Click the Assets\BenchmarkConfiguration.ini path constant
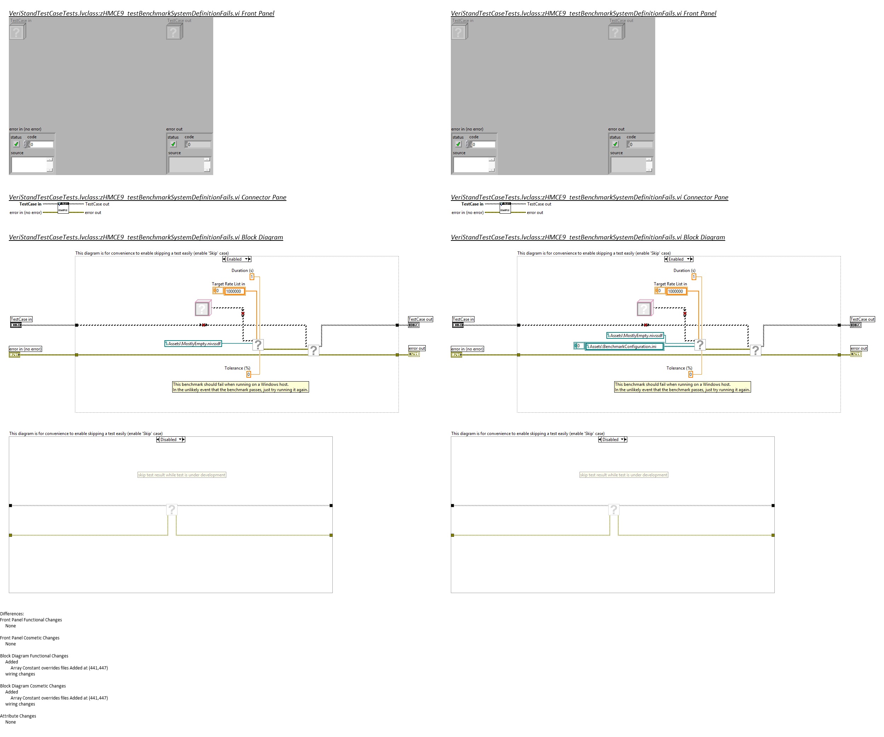624,347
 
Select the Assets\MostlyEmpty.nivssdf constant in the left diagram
193,344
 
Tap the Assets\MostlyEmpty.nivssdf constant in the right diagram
635,336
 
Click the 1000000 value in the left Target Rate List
234,291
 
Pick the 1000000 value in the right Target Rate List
676,291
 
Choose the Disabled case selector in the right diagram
612,440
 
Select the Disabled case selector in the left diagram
170,440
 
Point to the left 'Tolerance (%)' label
237,368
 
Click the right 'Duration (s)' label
684,271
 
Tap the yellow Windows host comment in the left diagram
240,387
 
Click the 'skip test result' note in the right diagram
623,475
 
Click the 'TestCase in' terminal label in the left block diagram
21,319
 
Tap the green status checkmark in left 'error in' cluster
16,144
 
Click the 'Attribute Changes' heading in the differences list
18,716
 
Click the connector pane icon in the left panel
63,208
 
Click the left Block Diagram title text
146,237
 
